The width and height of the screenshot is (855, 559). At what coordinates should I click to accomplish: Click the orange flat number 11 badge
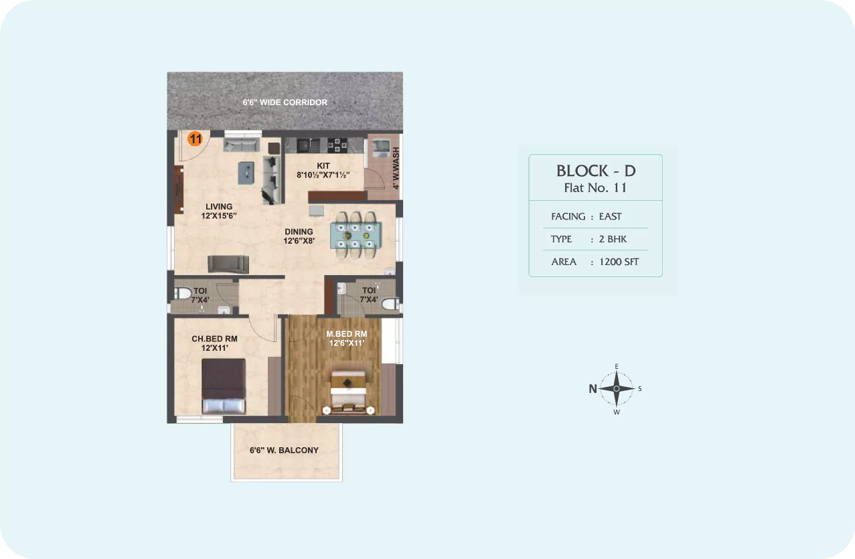[x=195, y=139]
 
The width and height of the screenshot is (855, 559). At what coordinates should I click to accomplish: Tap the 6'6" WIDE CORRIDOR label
[x=285, y=102]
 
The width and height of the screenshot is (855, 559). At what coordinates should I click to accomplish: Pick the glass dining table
[x=356, y=235]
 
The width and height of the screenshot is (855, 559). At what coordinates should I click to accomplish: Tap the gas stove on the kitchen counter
[x=337, y=145]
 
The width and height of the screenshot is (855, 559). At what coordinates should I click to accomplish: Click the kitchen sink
[x=309, y=145]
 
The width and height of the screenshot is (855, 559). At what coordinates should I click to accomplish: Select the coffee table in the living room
[x=246, y=173]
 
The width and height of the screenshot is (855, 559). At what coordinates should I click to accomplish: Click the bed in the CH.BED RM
[x=224, y=386]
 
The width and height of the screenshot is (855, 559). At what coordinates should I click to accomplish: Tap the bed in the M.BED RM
[x=348, y=392]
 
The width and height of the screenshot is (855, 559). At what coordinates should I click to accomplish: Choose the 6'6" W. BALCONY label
[x=284, y=451]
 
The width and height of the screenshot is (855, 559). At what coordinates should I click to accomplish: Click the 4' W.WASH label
[x=396, y=168]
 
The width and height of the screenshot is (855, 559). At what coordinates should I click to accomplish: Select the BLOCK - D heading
[x=596, y=171]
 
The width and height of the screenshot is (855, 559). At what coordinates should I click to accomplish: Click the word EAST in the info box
[x=610, y=216]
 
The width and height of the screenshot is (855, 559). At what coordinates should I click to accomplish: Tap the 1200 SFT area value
[x=619, y=262]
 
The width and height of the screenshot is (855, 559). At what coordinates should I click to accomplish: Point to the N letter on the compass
[x=593, y=389]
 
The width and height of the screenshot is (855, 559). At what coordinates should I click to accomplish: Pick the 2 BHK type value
[x=613, y=239]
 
